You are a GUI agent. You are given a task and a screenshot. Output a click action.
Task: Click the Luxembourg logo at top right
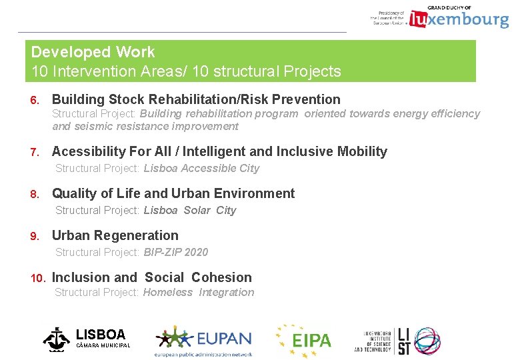[x=459, y=19]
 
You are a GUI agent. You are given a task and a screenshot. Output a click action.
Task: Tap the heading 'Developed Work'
[x=93, y=52]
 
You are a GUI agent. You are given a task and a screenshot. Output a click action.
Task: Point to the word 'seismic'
[x=93, y=126]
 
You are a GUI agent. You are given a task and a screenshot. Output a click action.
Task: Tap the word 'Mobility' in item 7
[x=361, y=151]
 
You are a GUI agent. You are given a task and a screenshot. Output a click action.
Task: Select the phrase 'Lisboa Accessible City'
[x=201, y=168]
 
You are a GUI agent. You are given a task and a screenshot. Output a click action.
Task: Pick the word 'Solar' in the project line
[x=197, y=210]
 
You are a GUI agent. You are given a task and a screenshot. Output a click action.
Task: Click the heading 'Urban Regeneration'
[x=115, y=235]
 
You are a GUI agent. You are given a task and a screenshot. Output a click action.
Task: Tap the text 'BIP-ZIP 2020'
[x=175, y=252]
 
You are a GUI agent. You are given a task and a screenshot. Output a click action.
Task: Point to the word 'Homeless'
[x=167, y=292]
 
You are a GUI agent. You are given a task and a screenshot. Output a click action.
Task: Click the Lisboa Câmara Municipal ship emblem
[x=56, y=339]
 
